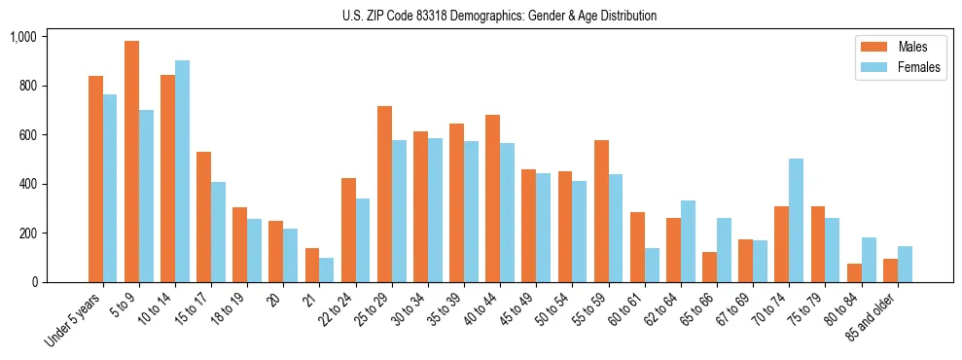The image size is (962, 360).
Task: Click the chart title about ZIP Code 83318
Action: pyautogui.click(x=499, y=16)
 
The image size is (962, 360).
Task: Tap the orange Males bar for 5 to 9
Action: pyautogui.click(x=132, y=162)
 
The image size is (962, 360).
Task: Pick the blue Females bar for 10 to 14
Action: pyautogui.click(x=183, y=171)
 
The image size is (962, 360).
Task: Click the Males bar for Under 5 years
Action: pyautogui.click(x=95, y=179)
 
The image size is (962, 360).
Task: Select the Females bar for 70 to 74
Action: pyautogui.click(x=796, y=220)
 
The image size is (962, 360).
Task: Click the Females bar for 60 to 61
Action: pyautogui.click(x=652, y=265)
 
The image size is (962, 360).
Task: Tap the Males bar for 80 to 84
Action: pyautogui.click(x=854, y=273)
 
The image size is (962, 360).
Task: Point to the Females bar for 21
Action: pyautogui.click(x=327, y=270)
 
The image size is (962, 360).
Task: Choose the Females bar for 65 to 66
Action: pyautogui.click(x=724, y=250)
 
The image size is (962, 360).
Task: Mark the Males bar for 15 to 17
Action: pyautogui.click(x=204, y=217)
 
